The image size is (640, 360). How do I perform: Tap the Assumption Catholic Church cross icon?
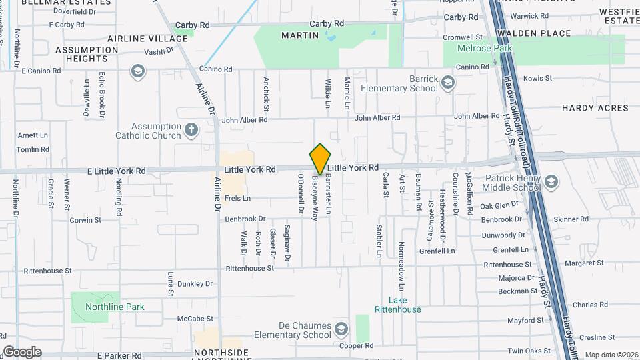(x=191, y=129)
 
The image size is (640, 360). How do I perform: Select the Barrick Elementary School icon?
(x=448, y=83)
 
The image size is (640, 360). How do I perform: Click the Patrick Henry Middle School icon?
(x=551, y=181)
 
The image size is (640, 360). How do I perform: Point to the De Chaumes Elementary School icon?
(x=341, y=329)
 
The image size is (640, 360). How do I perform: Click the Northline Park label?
(x=115, y=307)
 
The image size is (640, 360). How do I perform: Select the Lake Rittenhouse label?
(x=397, y=305)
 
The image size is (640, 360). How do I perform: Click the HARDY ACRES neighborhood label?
(x=595, y=108)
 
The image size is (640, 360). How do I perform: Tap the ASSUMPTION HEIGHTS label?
(x=87, y=54)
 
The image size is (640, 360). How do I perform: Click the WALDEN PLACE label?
(x=543, y=33)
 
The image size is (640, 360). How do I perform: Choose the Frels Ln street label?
(x=237, y=198)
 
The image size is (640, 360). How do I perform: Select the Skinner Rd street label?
(x=571, y=219)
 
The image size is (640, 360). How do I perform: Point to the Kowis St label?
(x=538, y=79)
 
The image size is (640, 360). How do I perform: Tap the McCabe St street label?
(x=191, y=319)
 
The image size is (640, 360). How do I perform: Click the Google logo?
(x=21, y=352)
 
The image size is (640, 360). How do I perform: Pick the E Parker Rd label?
(x=121, y=356)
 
